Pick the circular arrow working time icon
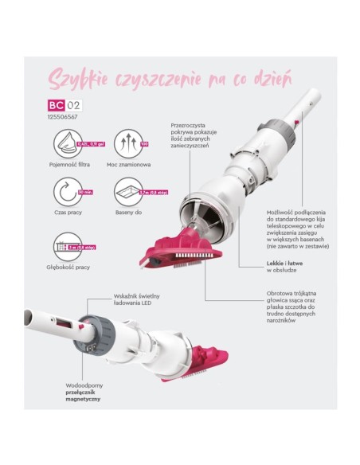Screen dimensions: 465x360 (x=67, y=191)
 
